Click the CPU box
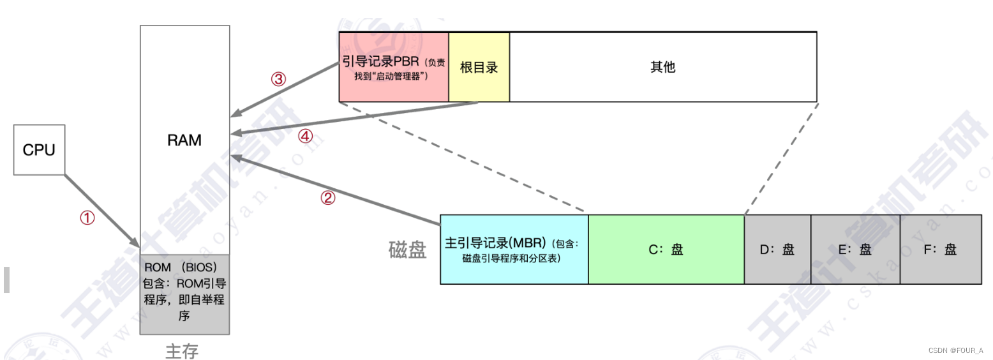(x=39, y=150)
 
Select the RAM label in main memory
(x=184, y=140)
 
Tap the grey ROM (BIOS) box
(x=184, y=294)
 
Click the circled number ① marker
(x=87, y=218)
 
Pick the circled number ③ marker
(x=278, y=79)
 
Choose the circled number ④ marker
(x=306, y=136)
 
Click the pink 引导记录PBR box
(x=394, y=66)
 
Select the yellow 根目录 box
(x=479, y=66)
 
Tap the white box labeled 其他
(x=662, y=66)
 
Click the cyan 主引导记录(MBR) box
(x=514, y=249)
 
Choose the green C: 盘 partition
(x=666, y=249)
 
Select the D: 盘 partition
(x=777, y=249)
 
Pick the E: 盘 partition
(x=855, y=249)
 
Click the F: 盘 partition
(x=941, y=249)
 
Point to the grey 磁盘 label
(x=407, y=250)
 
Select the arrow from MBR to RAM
(x=338, y=190)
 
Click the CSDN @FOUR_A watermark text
(x=955, y=350)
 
